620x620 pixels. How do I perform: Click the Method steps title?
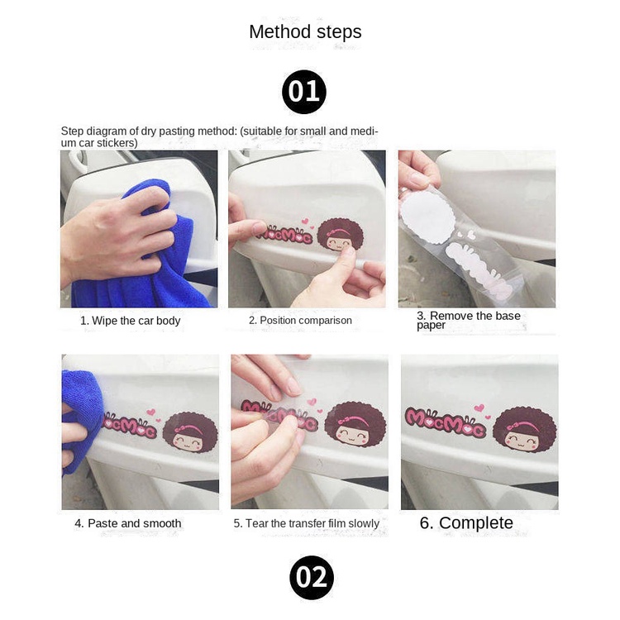pos(305,32)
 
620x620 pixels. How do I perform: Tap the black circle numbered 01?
pos(304,92)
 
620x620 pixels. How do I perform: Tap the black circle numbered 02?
pos(312,578)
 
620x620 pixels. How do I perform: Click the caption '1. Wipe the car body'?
pos(130,321)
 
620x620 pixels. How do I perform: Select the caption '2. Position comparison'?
pos(300,320)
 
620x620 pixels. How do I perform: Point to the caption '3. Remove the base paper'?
pos(469,320)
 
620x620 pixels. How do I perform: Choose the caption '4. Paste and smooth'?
pos(128,523)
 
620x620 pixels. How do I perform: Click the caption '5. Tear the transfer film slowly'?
pos(307,523)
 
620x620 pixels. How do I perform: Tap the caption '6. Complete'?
pos(466,522)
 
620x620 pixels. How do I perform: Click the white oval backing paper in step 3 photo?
pos(427,217)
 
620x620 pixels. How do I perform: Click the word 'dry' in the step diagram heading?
pos(148,131)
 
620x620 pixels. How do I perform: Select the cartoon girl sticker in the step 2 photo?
pos(340,234)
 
